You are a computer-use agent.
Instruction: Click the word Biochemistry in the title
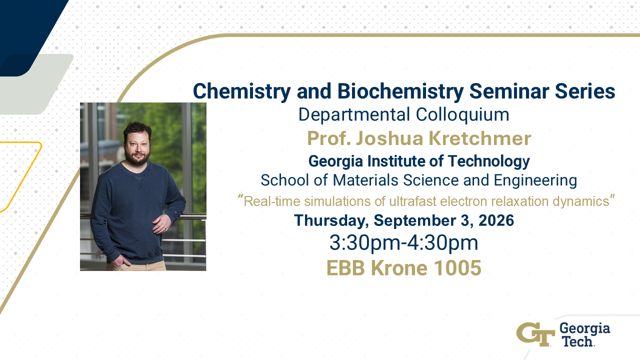400,91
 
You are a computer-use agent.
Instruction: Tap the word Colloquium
462,114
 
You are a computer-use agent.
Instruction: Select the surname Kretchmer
480,138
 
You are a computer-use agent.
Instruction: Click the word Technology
488,161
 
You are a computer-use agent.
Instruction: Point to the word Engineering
535,180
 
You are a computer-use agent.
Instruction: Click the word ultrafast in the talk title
413,201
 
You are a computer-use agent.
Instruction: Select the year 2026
496,220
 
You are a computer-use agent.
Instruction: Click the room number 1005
457,268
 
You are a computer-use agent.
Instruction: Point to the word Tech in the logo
577,341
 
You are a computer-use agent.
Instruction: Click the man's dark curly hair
137,129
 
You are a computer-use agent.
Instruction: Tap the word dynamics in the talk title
581,201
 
